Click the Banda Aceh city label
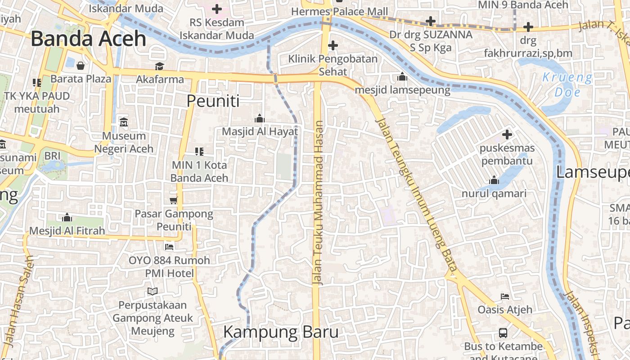89,39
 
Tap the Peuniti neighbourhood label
213,101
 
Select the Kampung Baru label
281,333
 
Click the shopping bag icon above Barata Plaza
81,66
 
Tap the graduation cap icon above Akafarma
160,67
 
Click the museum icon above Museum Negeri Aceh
124,122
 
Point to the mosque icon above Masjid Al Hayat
260,118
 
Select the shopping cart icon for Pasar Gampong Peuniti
173,200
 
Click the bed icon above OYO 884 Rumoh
169,247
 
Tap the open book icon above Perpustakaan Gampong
153,292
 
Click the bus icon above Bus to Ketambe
503,333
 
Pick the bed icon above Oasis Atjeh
505,297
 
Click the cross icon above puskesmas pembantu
507,134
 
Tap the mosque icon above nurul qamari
494,180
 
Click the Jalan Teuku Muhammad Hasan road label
319,202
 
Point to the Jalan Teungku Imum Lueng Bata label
416,196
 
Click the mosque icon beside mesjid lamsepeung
402,77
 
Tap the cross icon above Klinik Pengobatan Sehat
333,45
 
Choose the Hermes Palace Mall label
339,11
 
